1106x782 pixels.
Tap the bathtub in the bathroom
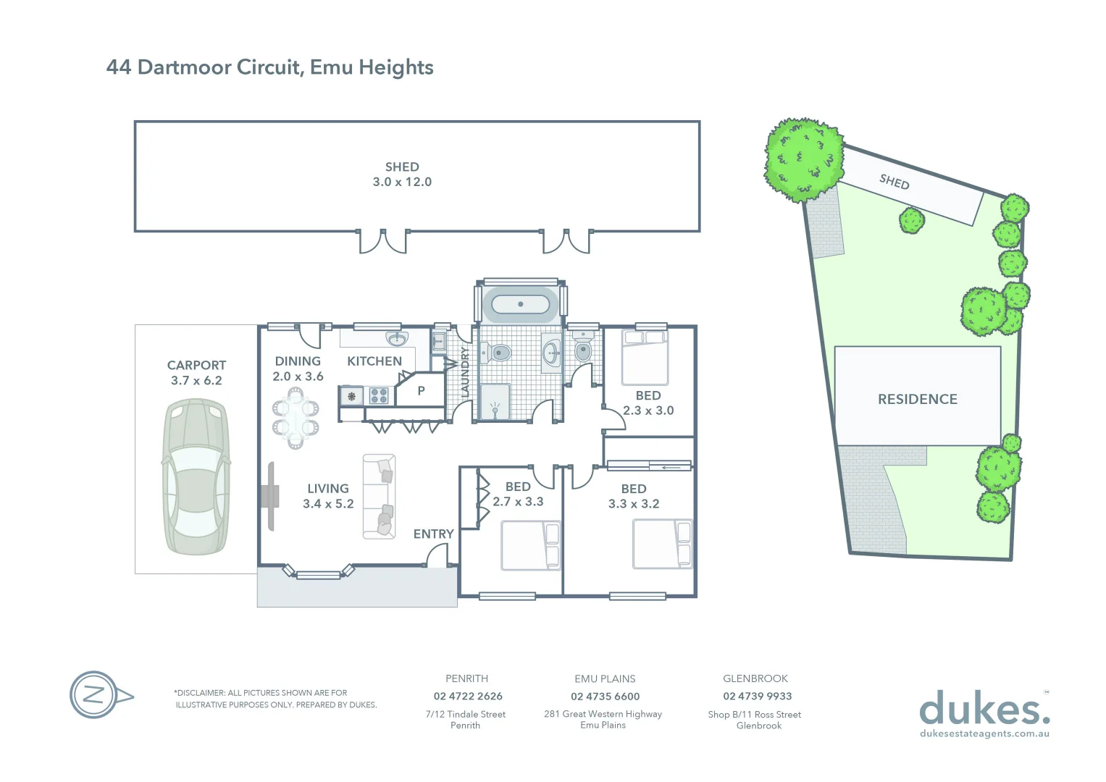(520, 304)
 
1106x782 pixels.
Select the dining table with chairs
(296, 418)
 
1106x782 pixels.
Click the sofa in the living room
(379, 496)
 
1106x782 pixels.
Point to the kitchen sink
(396, 339)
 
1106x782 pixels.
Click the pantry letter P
(421, 391)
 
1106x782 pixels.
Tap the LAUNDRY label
(465, 371)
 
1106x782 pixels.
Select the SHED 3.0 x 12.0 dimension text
(402, 182)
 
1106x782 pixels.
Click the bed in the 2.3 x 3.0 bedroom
(645, 357)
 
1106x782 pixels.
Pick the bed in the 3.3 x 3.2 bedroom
(662, 544)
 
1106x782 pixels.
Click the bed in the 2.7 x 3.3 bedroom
(531, 545)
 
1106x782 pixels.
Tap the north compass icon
(94, 695)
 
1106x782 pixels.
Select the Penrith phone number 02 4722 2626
(468, 697)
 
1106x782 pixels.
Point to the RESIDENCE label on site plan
(917, 399)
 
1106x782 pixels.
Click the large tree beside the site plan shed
(804, 159)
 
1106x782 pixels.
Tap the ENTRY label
(433, 534)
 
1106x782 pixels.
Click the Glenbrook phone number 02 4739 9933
(757, 697)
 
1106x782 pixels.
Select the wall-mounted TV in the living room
(270, 497)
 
